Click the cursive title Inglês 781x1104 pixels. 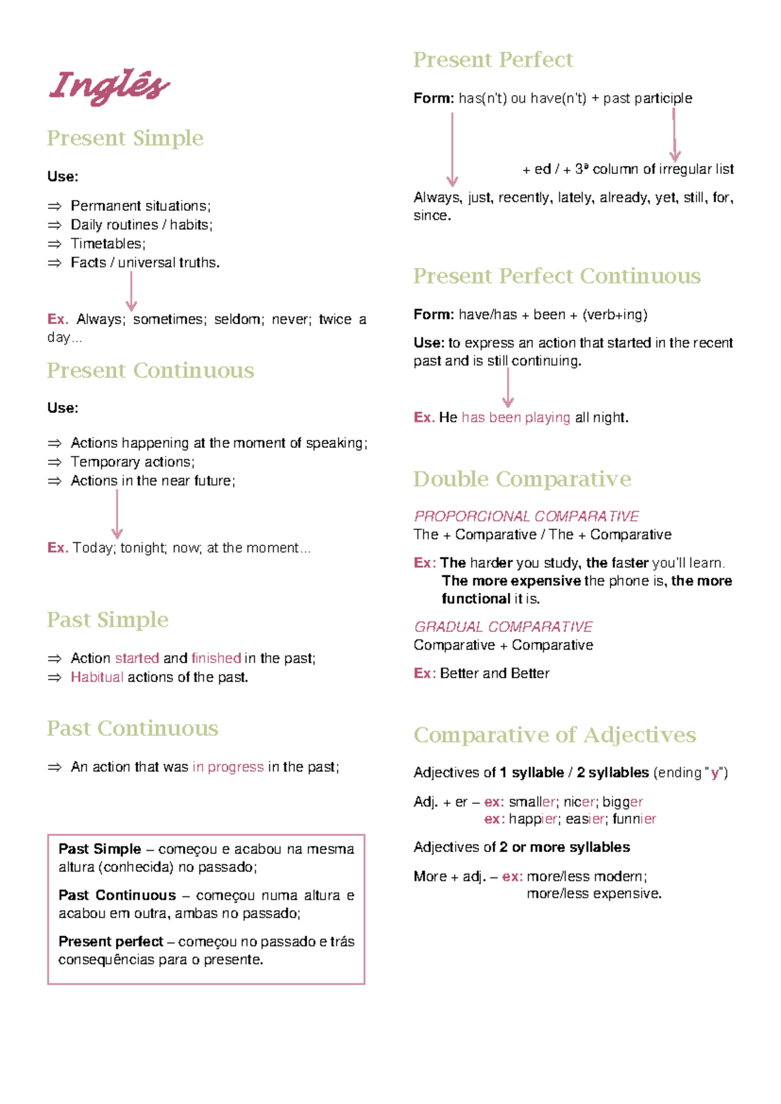(x=109, y=87)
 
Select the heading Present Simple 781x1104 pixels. (x=125, y=138)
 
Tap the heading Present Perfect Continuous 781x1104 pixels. (x=556, y=276)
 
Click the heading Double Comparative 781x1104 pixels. (x=522, y=479)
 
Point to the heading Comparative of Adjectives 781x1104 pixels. (x=555, y=735)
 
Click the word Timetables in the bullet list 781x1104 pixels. (x=106, y=243)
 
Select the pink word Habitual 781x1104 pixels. (x=97, y=677)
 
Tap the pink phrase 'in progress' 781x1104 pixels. (x=228, y=767)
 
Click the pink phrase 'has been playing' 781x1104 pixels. (x=515, y=417)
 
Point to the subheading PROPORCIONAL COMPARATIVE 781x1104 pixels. (x=526, y=516)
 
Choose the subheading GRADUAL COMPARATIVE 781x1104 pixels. (x=503, y=627)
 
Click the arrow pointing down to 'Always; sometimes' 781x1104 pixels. (x=131, y=291)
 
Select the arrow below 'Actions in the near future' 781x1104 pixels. (x=117, y=514)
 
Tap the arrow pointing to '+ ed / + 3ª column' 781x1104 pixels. (x=675, y=135)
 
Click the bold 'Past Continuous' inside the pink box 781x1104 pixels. (x=117, y=895)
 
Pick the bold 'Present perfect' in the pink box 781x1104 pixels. (x=111, y=941)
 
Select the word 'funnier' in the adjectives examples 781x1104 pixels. (x=634, y=819)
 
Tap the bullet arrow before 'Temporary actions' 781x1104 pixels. (x=55, y=462)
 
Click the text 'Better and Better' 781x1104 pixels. (x=495, y=673)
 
